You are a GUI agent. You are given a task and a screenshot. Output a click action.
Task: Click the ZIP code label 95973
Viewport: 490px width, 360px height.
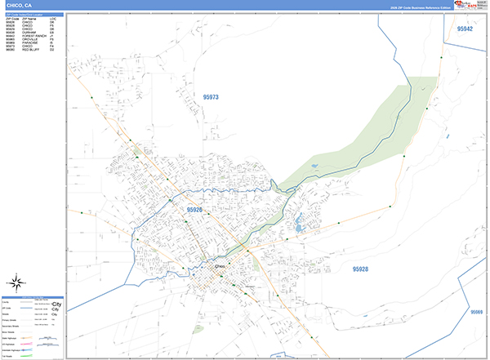211,97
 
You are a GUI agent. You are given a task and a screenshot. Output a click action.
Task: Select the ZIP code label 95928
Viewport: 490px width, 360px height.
360,269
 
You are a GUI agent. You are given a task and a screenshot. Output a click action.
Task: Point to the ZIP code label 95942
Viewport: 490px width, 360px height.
465,29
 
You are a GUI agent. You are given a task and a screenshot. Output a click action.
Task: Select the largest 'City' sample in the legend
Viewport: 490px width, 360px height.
56,303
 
